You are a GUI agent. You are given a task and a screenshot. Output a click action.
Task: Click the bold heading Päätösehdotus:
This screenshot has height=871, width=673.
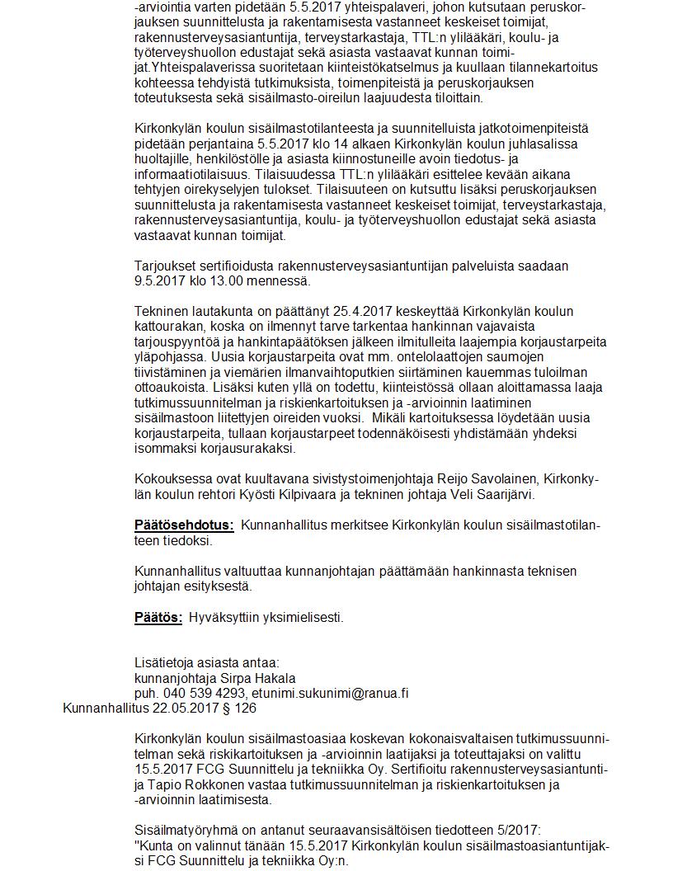click(x=184, y=525)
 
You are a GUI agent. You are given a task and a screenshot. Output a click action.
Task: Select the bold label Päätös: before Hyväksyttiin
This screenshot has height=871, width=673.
click(x=158, y=617)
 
